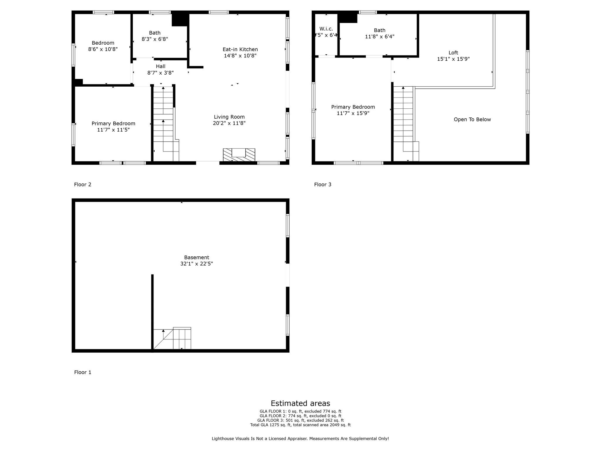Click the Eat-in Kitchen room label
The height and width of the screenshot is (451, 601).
[x=240, y=49]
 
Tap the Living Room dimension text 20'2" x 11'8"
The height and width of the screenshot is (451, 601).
[x=229, y=123]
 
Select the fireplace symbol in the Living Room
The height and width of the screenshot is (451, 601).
[x=239, y=155]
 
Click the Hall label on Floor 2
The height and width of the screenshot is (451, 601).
[x=161, y=66]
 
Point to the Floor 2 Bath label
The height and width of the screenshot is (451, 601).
[x=155, y=33]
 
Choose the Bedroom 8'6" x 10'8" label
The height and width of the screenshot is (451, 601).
[x=103, y=46]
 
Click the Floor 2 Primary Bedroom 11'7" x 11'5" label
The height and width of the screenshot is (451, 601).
[x=113, y=127]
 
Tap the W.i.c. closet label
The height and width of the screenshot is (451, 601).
[x=326, y=29]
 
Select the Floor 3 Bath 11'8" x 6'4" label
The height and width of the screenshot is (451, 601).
[x=379, y=33]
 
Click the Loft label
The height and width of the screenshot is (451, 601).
[x=453, y=53]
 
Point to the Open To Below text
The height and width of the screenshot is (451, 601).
[x=472, y=120]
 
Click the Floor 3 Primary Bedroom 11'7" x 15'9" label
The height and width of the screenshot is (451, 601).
[x=353, y=110]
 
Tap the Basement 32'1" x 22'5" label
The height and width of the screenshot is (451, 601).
[x=196, y=260]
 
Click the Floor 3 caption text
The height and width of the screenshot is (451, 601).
[x=323, y=184]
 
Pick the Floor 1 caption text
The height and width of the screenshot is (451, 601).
[x=82, y=372]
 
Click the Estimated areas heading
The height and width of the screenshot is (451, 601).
[x=300, y=403]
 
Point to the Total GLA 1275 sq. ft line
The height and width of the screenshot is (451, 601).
[x=300, y=425]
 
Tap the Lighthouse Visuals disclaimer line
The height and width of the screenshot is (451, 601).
[x=300, y=439]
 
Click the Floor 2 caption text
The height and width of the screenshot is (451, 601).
[x=82, y=184]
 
